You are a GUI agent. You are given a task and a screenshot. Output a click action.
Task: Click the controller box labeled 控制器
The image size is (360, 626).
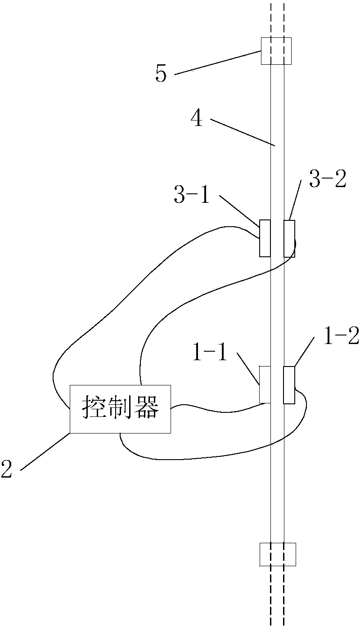click(120, 409)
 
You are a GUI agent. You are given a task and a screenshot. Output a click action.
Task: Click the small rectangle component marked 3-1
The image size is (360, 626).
click(265, 238)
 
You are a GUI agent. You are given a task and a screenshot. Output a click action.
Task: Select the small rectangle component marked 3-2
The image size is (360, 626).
click(289, 238)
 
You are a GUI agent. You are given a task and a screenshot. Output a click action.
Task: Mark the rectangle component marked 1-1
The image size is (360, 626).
click(265, 385)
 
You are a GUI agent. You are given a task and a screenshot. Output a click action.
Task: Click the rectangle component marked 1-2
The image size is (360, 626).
click(289, 385)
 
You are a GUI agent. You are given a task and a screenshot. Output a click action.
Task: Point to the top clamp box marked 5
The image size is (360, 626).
click(276, 51)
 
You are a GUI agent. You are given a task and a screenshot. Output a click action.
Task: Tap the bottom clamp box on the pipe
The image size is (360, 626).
click(278, 554)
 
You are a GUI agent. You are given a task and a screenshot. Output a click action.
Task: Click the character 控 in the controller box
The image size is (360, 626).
click(93, 409)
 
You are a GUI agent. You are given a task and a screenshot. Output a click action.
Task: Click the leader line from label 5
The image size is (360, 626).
click(217, 63)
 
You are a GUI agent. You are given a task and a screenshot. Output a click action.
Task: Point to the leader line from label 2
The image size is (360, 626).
click(45, 451)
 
